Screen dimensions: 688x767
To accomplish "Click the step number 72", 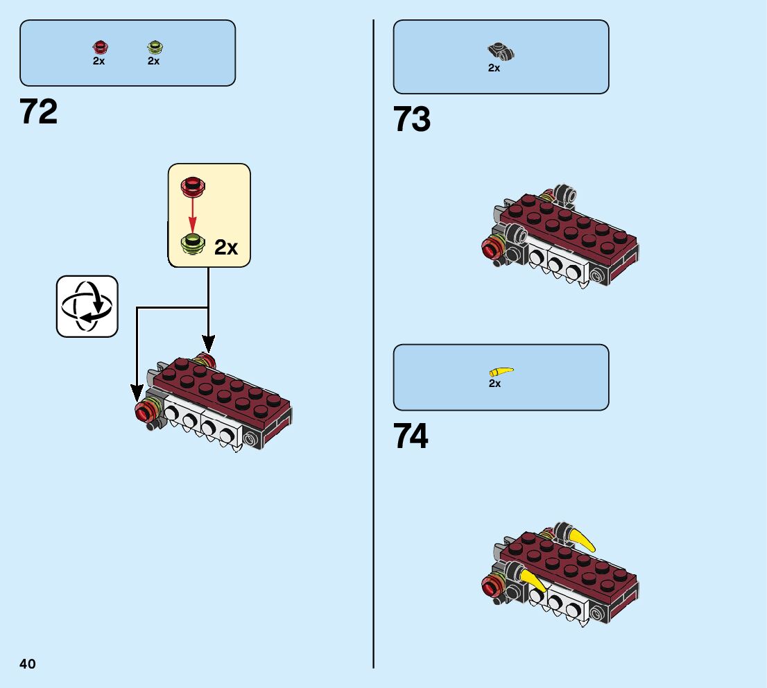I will coord(39,112).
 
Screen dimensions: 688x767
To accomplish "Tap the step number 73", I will coord(412,119).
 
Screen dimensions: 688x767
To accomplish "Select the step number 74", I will coord(411,437).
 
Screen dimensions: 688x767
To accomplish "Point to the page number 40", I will coord(28,664).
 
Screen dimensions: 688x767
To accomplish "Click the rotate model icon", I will coord(87,307).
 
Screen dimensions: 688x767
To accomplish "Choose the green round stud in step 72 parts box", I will coord(154,48).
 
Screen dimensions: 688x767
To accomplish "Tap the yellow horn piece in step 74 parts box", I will coord(501,371).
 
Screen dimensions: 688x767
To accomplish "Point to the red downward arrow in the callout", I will coord(191,213).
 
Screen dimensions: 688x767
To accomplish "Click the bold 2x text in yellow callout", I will coord(226,248).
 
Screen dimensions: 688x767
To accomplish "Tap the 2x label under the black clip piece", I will coord(494,68).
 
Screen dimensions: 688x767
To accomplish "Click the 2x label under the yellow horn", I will coord(494,384).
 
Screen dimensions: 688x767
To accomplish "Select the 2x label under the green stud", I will coord(153,61).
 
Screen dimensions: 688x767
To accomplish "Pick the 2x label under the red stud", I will coord(98,61).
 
